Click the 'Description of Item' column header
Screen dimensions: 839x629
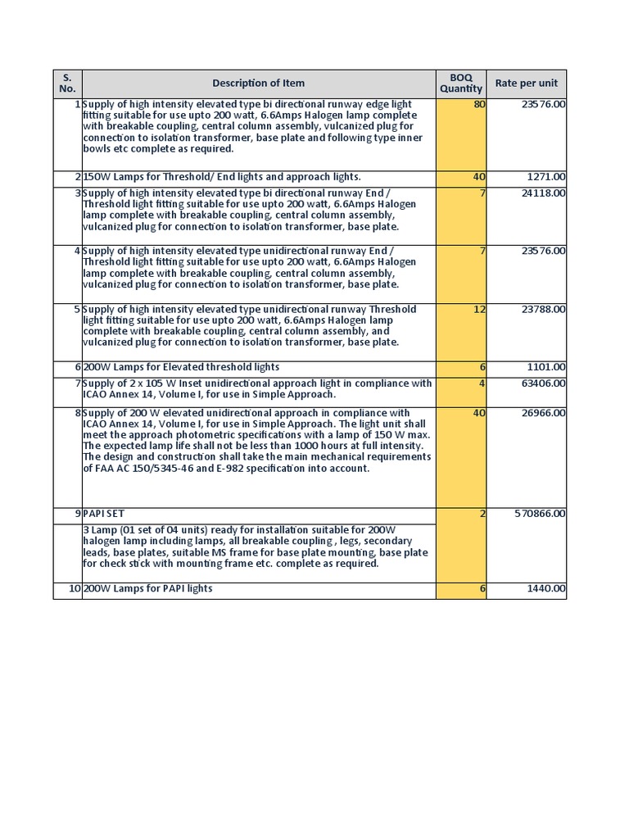pyautogui.click(x=258, y=83)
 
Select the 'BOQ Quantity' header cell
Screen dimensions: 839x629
pyautogui.click(x=461, y=83)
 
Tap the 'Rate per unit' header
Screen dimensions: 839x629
pyautogui.click(x=526, y=83)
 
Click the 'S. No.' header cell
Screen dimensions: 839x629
pyautogui.click(x=67, y=83)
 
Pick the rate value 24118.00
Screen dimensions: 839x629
pyautogui.click(x=543, y=193)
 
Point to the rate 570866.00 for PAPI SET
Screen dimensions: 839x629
pyautogui.click(x=540, y=514)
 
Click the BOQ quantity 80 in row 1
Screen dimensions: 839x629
pyautogui.click(x=479, y=104)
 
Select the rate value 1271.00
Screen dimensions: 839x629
pyautogui.click(x=546, y=177)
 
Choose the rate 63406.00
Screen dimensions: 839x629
pyautogui.click(x=543, y=383)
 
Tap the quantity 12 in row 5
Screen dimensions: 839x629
pyautogui.click(x=479, y=310)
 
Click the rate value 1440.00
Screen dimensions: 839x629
pyautogui.click(x=546, y=589)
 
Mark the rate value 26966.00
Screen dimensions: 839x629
pyautogui.click(x=543, y=413)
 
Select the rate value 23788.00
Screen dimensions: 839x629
pyautogui.click(x=543, y=310)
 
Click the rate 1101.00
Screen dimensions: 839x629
pyautogui.click(x=546, y=367)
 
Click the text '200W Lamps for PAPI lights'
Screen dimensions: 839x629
pyautogui.click(x=147, y=589)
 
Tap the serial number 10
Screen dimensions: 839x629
pyautogui.click(x=75, y=589)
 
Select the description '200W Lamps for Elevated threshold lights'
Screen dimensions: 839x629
pyautogui.click(x=181, y=367)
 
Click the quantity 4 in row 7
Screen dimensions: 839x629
pyautogui.click(x=482, y=383)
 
